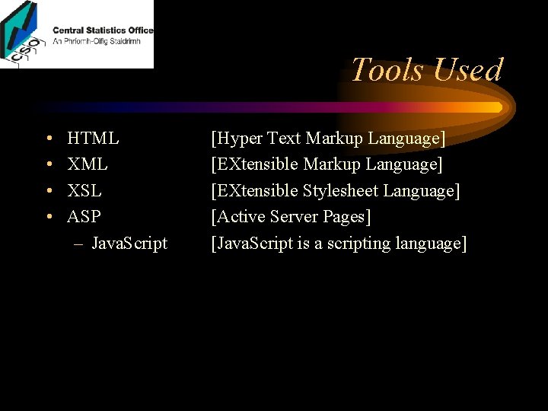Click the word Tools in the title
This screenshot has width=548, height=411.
386,70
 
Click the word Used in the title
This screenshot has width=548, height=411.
465,70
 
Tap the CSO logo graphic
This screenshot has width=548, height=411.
23,34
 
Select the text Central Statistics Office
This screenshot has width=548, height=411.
103,30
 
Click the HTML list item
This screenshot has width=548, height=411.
93,139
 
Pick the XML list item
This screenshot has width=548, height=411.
88,164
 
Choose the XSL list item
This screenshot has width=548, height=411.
84,190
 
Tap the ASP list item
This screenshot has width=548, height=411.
84,217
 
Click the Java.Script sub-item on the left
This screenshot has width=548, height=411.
129,244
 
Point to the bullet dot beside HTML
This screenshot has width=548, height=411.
48,139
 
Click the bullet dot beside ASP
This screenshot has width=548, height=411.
48,217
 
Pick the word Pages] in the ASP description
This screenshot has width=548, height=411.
347,217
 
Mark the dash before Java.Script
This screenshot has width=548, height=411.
78,244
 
